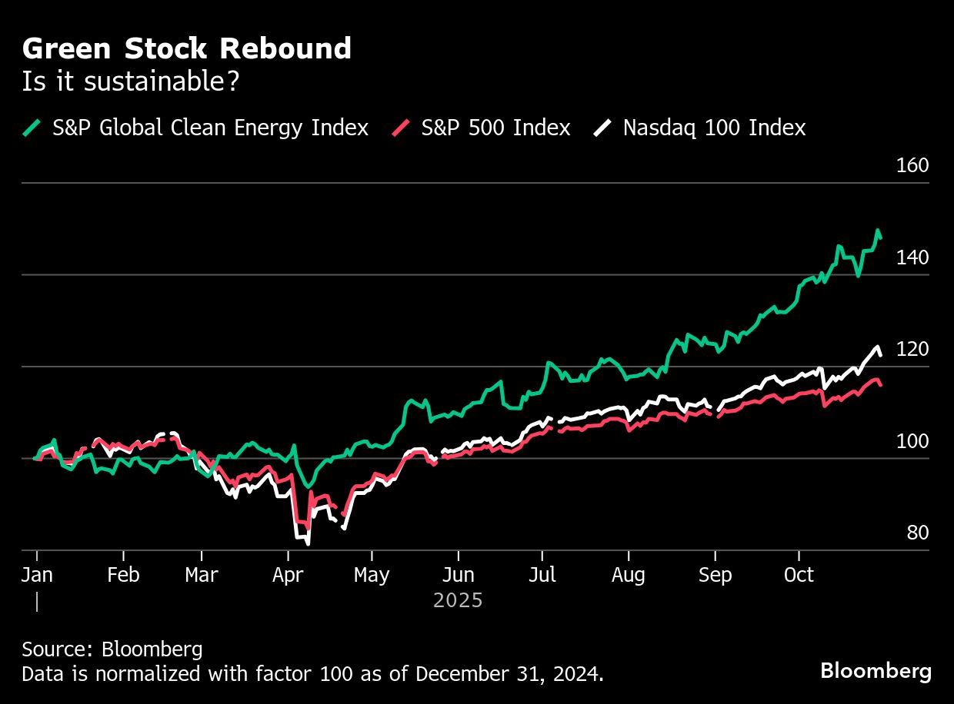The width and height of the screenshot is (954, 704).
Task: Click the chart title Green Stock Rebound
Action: click(187, 49)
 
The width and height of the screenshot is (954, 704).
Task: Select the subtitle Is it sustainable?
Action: click(131, 82)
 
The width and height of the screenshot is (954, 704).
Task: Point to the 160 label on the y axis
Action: click(913, 166)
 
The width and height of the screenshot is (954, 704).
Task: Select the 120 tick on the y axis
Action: click(913, 350)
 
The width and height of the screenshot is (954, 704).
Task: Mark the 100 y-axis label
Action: click(913, 442)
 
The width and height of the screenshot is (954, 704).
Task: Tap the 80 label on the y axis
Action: click(917, 533)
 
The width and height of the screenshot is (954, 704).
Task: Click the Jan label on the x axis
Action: click(36, 575)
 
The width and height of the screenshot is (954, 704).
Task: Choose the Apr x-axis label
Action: click(289, 575)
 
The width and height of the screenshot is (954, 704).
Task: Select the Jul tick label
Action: click(542, 575)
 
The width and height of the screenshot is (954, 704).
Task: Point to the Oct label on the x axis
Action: click(799, 575)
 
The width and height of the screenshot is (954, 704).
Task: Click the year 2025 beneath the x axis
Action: click(458, 600)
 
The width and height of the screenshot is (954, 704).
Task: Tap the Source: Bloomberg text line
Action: click(112, 649)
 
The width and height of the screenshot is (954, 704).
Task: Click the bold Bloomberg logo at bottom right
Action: click(876, 671)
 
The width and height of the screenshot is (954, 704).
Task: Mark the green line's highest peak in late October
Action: click(877, 231)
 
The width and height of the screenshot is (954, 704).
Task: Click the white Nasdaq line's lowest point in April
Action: click(308, 543)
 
